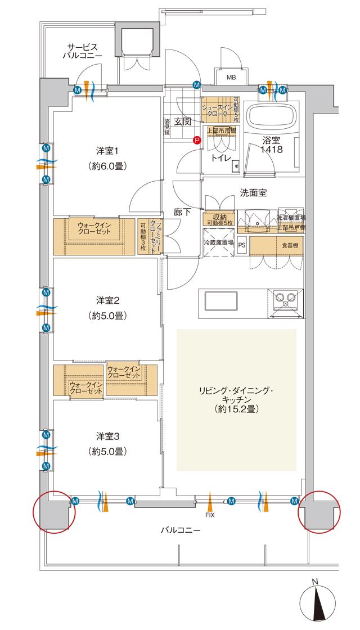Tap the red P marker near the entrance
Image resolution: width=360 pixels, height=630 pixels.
(x=196, y=141)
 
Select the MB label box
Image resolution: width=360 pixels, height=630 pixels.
(x=231, y=76)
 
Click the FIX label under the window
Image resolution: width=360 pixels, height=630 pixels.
(x=209, y=514)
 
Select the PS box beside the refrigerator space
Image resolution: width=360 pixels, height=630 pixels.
(x=242, y=245)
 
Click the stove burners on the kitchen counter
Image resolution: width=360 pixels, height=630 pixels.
(x=286, y=300)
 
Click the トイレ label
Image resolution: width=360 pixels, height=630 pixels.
(x=220, y=159)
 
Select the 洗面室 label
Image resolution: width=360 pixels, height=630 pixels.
(x=253, y=192)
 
